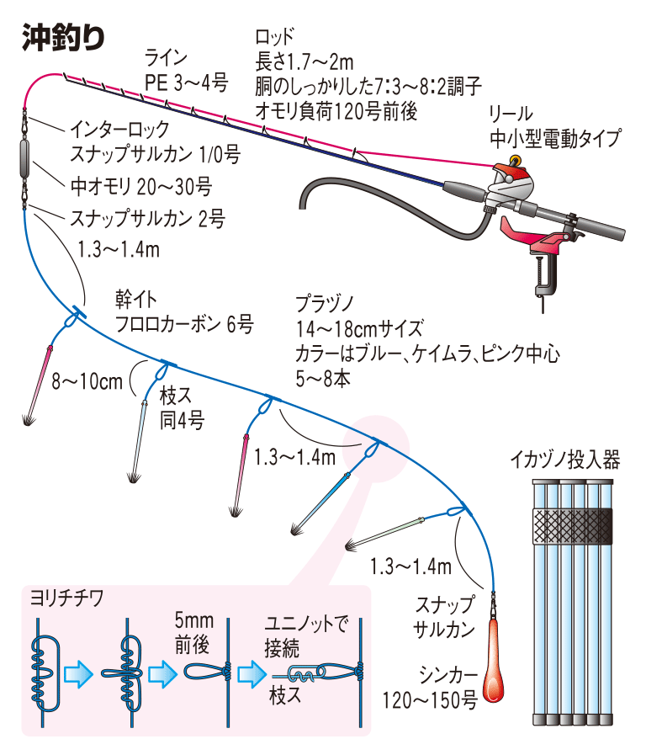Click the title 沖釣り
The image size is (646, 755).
pyautogui.click(x=64, y=37)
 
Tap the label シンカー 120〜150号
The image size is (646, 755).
pyautogui.click(x=429, y=686)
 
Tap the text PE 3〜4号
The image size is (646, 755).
pyautogui.click(x=187, y=82)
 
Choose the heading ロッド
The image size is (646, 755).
pyautogui.click(x=275, y=36)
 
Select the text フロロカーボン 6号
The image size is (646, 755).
pyautogui.click(x=183, y=325)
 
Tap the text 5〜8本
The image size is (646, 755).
pyautogui.click(x=323, y=378)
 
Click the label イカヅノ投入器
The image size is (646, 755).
pyautogui.click(x=564, y=460)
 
